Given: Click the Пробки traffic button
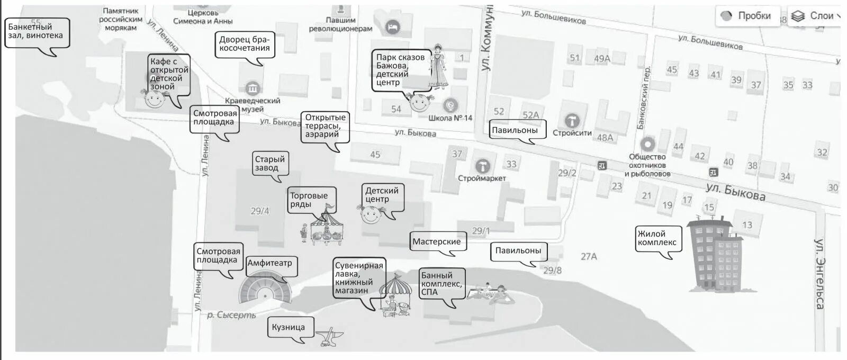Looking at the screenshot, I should (747, 16).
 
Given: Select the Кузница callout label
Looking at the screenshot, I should (289, 327).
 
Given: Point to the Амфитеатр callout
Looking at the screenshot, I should (270, 263).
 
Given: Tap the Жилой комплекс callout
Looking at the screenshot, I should (657, 238).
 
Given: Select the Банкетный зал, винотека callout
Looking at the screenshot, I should (36, 31).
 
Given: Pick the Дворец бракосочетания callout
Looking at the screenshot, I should (245, 44).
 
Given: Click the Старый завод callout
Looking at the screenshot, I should (270, 164).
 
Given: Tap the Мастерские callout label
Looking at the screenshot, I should (437, 242).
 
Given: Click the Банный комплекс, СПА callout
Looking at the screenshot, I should (441, 284).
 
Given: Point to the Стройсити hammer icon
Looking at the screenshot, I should (572, 120).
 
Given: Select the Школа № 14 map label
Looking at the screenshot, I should (450, 118).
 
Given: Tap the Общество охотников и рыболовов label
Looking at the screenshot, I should (647, 165).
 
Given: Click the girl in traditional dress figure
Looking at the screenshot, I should (438, 67).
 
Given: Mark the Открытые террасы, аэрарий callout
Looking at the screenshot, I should (325, 126).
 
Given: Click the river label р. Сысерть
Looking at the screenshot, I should (231, 316).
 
